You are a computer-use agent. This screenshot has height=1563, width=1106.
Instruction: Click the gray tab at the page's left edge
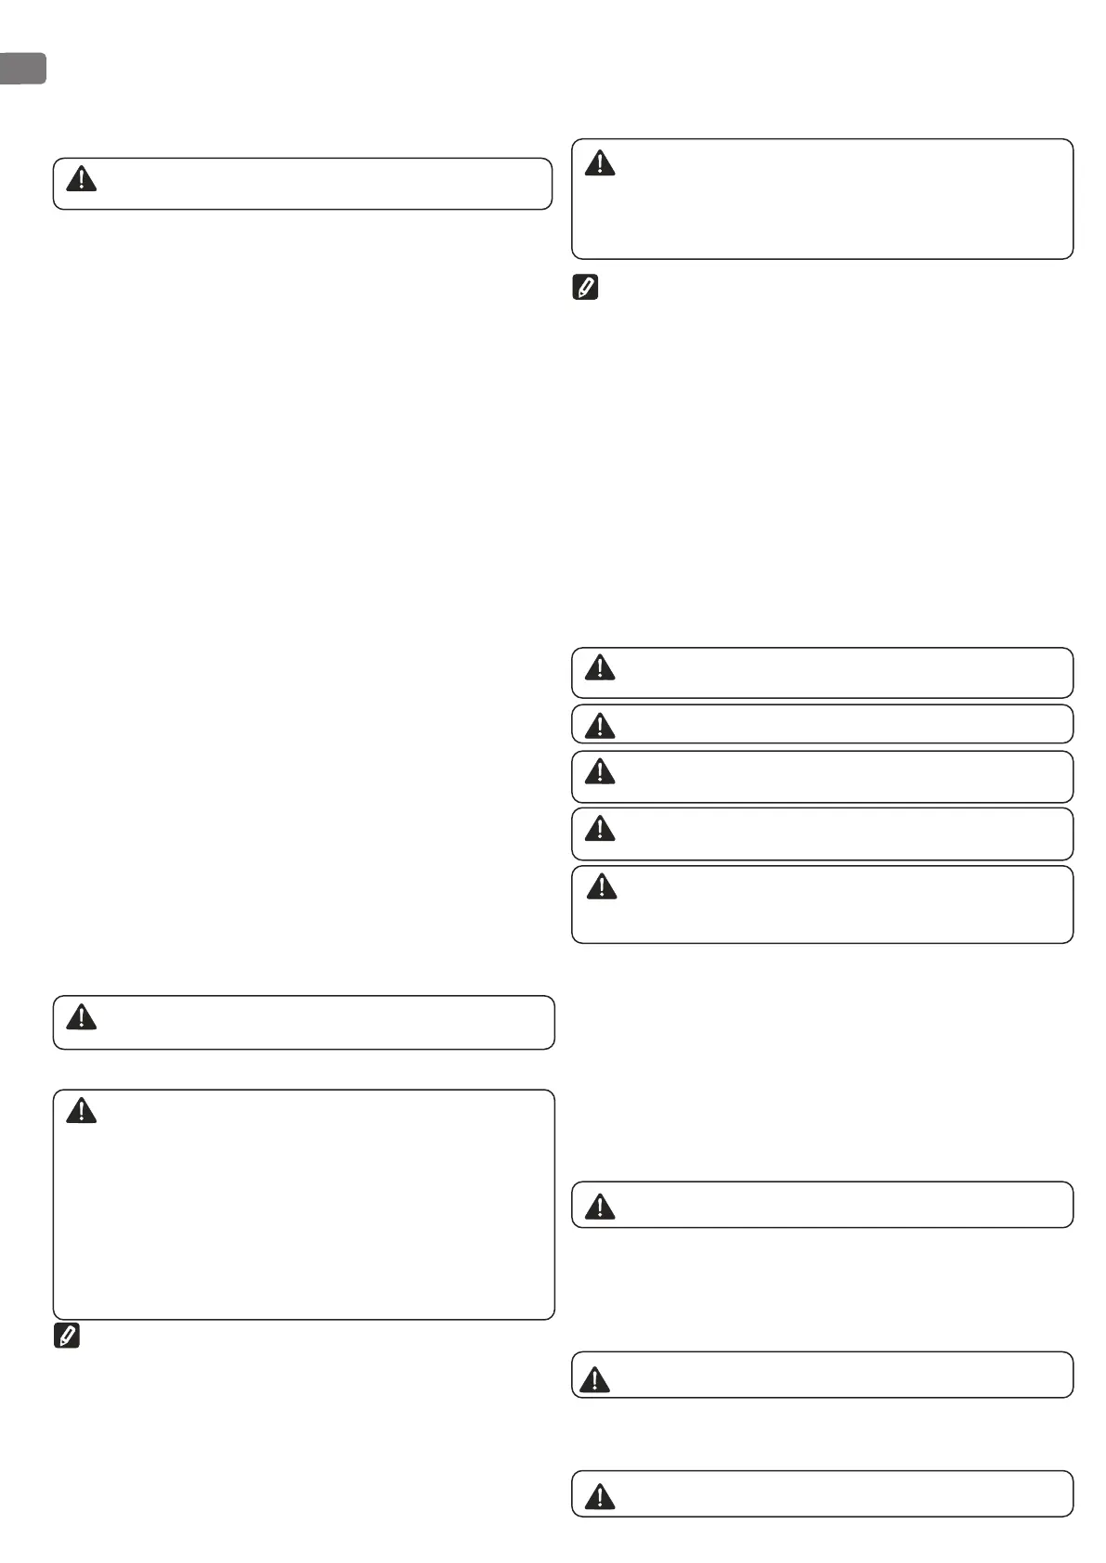point(22,69)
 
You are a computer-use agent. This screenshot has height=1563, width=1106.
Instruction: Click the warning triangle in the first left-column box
point(82,179)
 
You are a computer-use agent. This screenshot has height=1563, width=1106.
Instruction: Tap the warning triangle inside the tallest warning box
point(82,1110)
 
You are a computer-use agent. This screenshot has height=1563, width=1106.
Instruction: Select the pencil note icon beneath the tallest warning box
point(67,1337)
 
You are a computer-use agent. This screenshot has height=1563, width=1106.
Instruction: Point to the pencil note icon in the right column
point(585,288)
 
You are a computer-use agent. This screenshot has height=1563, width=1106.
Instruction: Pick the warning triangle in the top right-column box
point(600,163)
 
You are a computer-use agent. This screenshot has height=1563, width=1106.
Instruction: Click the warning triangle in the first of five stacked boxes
point(600,667)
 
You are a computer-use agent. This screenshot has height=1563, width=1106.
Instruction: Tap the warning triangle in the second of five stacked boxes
point(600,725)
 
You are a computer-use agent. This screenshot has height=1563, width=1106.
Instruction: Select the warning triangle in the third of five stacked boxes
point(600,771)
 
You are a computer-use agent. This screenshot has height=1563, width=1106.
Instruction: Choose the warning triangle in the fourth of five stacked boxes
point(600,828)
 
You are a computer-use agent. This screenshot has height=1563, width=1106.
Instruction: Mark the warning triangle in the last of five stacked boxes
point(602,887)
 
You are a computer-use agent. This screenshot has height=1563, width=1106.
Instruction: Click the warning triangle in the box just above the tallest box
point(82,1018)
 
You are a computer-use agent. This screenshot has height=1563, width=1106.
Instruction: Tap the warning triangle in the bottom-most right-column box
point(600,1496)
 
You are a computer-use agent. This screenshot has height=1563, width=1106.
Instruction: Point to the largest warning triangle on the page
point(594,1379)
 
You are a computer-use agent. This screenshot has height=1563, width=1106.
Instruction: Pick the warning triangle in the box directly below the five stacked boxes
point(601,1207)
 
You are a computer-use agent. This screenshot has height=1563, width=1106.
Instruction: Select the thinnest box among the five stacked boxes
point(822,724)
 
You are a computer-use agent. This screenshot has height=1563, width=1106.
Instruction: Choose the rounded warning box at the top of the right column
point(822,199)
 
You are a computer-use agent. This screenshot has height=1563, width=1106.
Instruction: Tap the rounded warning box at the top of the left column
point(303,184)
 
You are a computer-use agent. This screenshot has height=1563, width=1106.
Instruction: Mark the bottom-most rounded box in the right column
point(822,1493)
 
